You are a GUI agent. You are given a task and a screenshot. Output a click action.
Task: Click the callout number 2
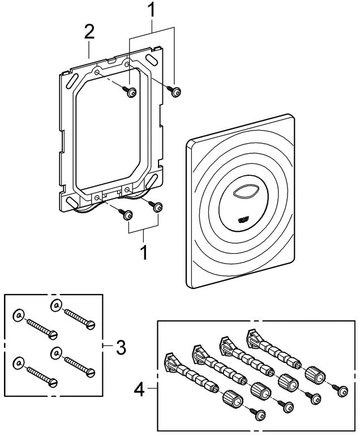point(89,32)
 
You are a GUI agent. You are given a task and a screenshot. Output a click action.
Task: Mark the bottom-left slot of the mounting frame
point(71,201)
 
